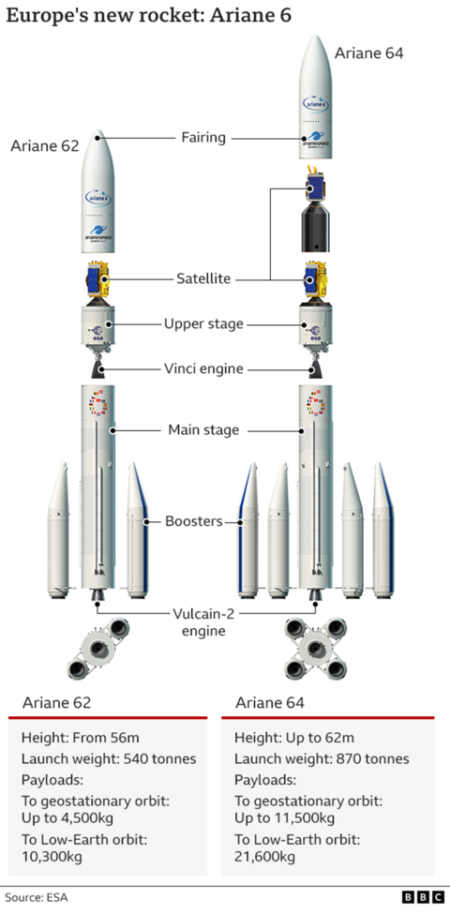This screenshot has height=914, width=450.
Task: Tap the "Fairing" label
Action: [x=203, y=138]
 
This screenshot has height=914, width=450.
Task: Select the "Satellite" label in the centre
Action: [x=203, y=278]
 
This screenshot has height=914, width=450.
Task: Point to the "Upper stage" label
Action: [x=203, y=323]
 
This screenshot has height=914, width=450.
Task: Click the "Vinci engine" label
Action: [x=203, y=368]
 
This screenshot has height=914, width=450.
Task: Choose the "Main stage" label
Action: [x=203, y=430]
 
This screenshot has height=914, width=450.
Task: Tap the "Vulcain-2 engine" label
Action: [x=204, y=622]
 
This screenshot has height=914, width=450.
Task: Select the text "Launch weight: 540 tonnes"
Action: [x=107, y=758]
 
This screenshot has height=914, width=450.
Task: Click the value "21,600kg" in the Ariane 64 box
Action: [x=264, y=857]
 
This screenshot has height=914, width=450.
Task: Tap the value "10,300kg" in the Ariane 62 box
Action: [x=51, y=857]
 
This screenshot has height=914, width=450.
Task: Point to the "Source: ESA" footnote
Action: [x=35, y=897]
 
